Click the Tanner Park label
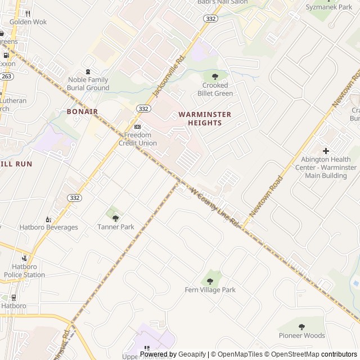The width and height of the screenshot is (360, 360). [x=115, y=227]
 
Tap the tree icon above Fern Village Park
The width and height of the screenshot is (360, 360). [x=210, y=281]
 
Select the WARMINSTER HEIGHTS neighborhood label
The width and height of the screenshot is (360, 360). [x=205, y=118]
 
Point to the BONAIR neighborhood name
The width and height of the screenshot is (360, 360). [x=82, y=111]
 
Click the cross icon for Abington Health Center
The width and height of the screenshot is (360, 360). [x=326, y=151]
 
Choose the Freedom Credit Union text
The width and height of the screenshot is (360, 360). [x=137, y=139]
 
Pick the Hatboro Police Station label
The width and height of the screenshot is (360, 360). [x=24, y=271]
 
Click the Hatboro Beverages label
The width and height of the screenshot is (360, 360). [x=49, y=227]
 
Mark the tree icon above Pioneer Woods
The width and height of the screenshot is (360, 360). [x=301, y=327]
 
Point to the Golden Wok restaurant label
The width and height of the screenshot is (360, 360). [x=28, y=22]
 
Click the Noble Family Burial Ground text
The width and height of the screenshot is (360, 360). [x=88, y=84]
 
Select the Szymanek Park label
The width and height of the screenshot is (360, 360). [x=328, y=7]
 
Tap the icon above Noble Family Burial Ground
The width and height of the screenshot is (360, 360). [x=87, y=71]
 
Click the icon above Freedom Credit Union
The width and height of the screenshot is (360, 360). [x=137, y=127]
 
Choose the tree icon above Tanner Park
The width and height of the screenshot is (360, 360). [x=115, y=218]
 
